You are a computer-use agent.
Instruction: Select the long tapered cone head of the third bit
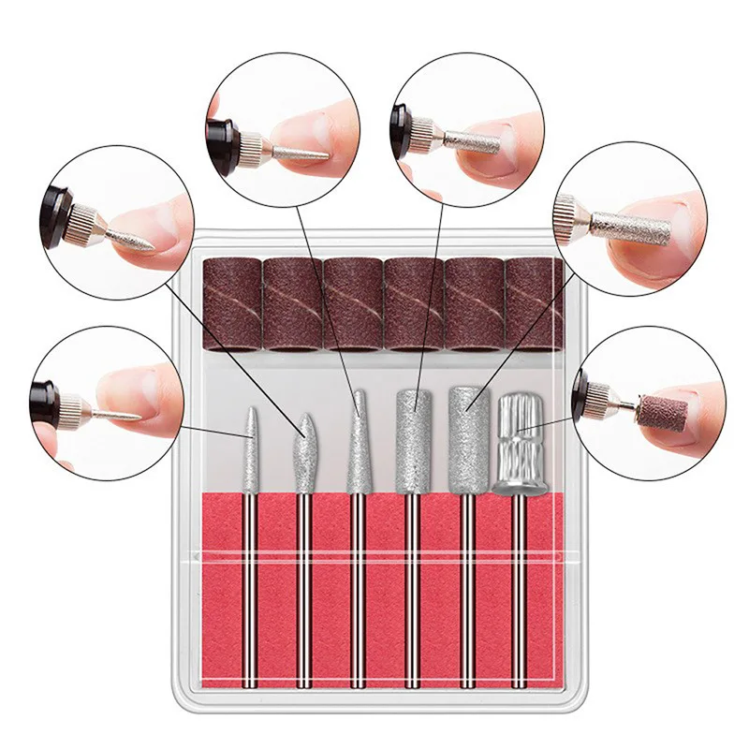(x=357, y=440)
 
